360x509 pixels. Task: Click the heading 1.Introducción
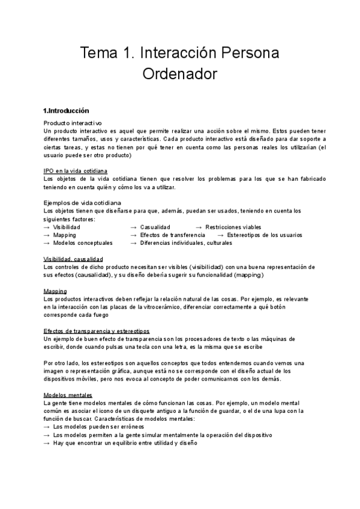(66, 111)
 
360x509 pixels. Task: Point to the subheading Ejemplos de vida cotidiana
(82, 203)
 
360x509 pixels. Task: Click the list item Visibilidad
(67, 227)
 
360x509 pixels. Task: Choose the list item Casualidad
(155, 227)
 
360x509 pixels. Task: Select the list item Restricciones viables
(233, 227)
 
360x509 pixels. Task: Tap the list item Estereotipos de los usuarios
(264, 235)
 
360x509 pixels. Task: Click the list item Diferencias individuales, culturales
(190, 243)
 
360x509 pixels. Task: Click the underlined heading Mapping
(55, 291)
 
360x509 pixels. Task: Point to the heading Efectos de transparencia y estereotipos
(97, 331)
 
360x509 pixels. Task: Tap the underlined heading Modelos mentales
(68, 395)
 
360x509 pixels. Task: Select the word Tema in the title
(98, 53)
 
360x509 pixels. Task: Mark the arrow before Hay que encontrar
(47, 443)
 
